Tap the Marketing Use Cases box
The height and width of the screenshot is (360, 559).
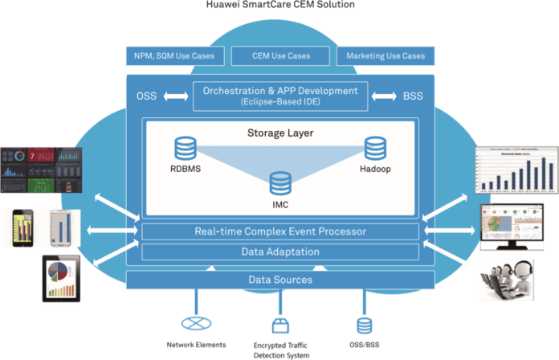point(386,56)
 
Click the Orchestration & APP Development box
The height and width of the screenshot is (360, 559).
point(281,96)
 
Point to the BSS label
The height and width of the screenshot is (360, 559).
point(414,96)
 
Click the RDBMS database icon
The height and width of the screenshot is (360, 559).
point(186,148)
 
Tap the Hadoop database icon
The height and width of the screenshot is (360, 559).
point(375,148)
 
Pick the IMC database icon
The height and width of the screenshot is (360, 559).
point(280,182)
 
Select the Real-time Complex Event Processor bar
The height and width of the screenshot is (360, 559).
point(280,232)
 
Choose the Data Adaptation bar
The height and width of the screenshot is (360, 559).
point(280,252)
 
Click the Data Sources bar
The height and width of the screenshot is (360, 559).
point(280,280)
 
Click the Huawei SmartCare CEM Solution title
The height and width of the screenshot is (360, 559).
point(279,6)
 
